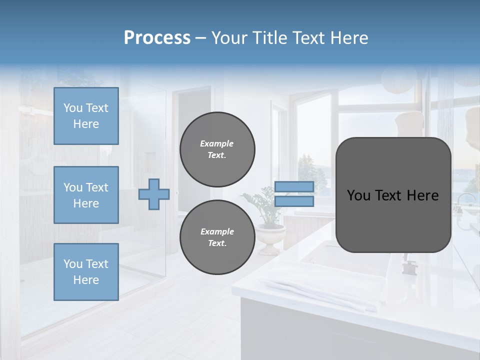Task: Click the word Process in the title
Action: tap(157, 38)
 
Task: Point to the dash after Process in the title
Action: tap(200, 39)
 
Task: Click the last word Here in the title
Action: tap(348, 38)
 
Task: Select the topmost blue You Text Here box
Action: tap(86, 116)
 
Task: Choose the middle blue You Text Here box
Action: tap(86, 195)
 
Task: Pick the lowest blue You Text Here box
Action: tap(86, 272)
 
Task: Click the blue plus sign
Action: tap(154, 194)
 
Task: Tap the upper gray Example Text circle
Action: tap(217, 149)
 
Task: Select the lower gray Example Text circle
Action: tap(217, 237)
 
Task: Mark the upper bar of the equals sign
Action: tap(294, 186)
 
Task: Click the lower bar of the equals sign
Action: tap(294, 201)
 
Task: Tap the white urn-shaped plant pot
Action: tap(270, 237)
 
